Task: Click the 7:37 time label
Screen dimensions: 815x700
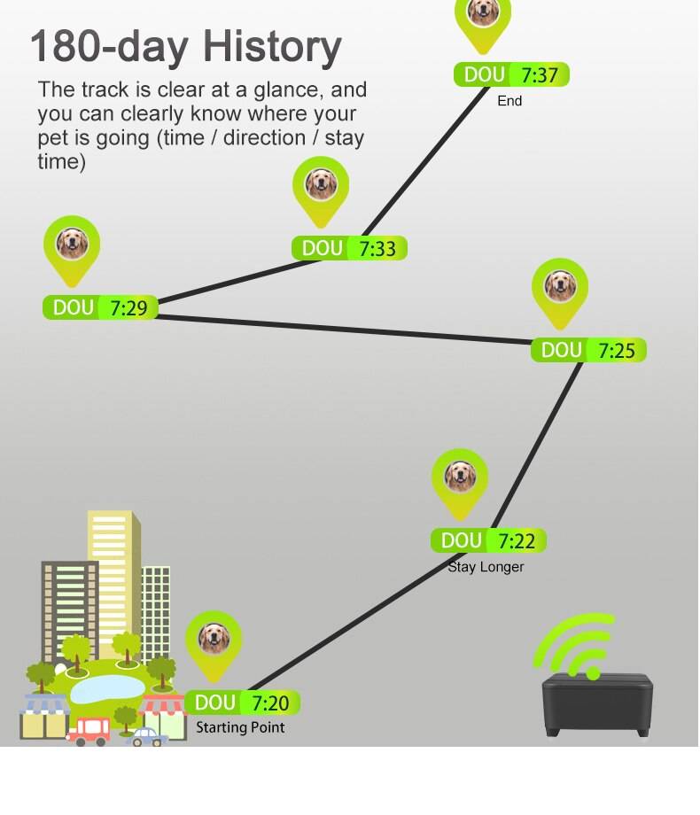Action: coord(540,75)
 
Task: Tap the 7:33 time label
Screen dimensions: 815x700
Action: coord(377,249)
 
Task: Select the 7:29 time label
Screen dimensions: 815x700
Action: coord(128,308)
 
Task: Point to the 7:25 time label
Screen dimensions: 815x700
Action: coord(617,351)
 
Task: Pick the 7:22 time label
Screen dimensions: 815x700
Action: coord(517,541)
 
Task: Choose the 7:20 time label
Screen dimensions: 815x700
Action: coord(270,703)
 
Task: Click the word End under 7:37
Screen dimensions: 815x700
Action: coord(509,101)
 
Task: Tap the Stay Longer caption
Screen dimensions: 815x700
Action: coord(486,567)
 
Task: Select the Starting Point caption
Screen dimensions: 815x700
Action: coord(240,727)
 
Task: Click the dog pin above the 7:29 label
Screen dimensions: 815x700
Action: coord(72,244)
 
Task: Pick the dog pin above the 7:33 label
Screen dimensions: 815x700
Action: coord(321,184)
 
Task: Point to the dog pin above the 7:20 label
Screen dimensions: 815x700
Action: coord(214,638)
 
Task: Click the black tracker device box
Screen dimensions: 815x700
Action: coord(598,704)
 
